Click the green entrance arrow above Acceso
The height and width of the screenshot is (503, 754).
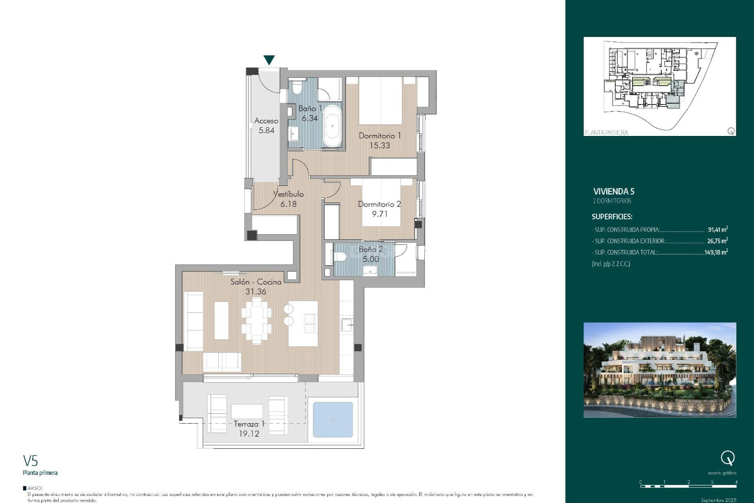pyautogui.click(x=269, y=60)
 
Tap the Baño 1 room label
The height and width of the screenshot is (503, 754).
pyautogui.click(x=310, y=108)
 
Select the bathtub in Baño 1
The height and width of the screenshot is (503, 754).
pyautogui.click(x=332, y=126)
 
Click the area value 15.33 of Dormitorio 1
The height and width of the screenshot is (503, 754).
pyautogui.click(x=380, y=145)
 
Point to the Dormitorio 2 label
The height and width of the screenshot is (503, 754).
pyautogui.click(x=379, y=204)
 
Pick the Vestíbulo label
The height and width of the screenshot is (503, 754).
pyautogui.click(x=288, y=194)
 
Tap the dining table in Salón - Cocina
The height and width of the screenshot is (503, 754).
pyautogui.click(x=256, y=321)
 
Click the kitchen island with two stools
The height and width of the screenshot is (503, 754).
pyautogui.click(x=303, y=323)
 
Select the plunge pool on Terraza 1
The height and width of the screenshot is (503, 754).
pyautogui.click(x=333, y=420)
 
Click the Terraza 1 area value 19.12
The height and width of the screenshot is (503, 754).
pyautogui.click(x=249, y=434)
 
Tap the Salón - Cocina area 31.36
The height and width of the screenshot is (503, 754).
pyautogui.click(x=256, y=292)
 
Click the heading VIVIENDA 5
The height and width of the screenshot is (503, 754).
pyautogui.click(x=613, y=191)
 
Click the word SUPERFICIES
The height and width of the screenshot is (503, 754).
pyautogui.click(x=612, y=217)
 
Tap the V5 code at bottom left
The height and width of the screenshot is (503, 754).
pyautogui.click(x=30, y=461)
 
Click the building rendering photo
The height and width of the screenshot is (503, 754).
pyautogui.click(x=660, y=370)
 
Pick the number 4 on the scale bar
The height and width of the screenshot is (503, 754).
pyautogui.click(x=736, y=482)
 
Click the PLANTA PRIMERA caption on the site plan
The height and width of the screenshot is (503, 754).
pyautogui.click(x=606, y=132)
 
